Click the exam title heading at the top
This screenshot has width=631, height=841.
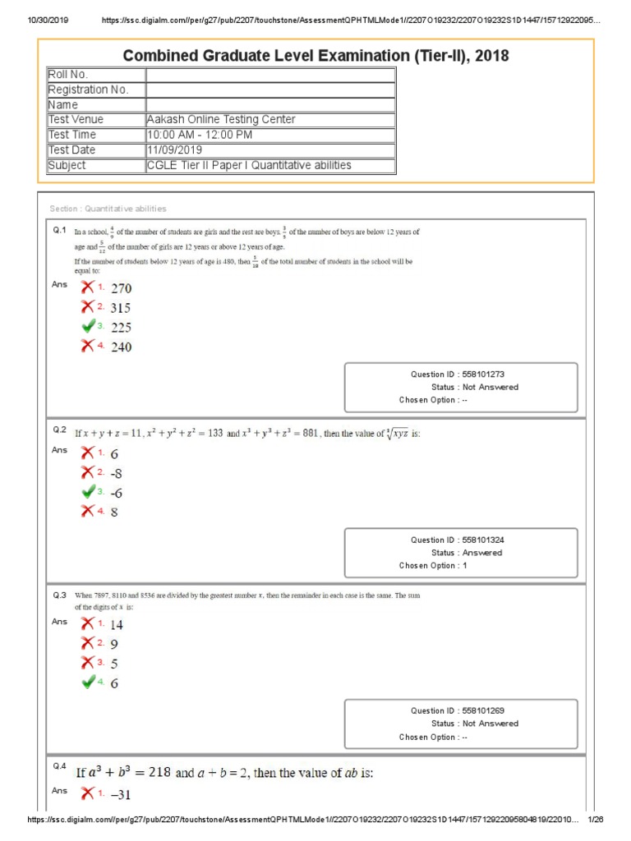315,56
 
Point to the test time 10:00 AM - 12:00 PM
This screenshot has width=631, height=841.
199,135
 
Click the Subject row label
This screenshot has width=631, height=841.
67,165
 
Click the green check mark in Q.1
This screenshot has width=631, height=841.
88,327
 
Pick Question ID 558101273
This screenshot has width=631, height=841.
463,374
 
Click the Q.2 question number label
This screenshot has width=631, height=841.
59,430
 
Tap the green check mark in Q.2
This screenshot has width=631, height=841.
88,492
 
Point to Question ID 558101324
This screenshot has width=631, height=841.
463,540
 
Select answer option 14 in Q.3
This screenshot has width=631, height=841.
117,624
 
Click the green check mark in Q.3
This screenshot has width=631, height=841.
88,682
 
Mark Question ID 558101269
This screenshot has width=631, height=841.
463,710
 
